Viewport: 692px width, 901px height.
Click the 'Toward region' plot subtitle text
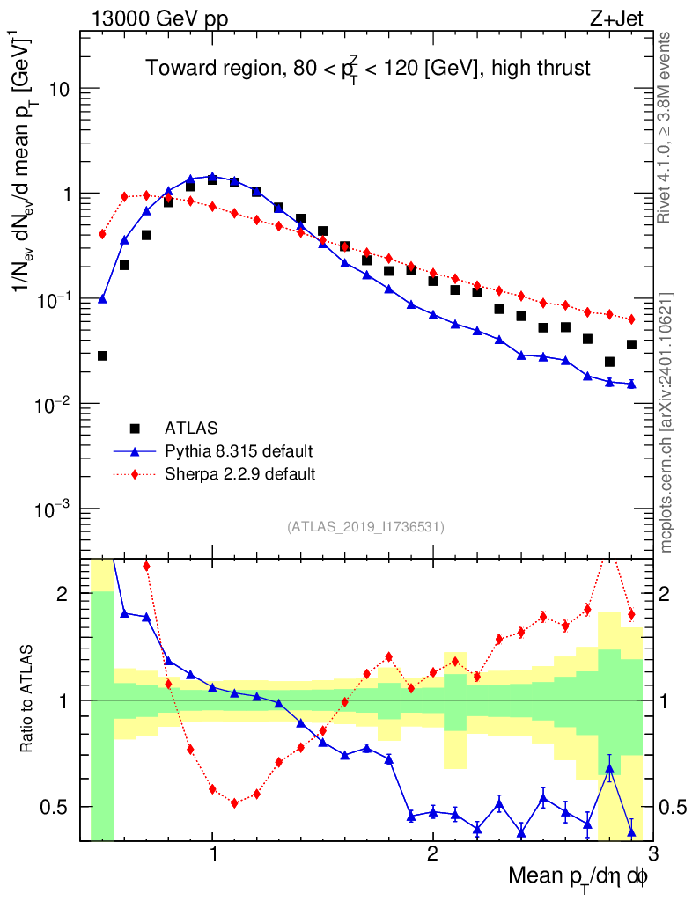[368, 67]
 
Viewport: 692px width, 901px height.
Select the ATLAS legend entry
[190, 429]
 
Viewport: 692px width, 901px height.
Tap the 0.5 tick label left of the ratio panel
[55, 807]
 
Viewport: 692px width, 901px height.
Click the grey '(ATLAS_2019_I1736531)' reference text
[365, 527]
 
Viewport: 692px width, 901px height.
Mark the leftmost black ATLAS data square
[102, 355]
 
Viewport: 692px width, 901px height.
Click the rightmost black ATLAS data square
[631, 344]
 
